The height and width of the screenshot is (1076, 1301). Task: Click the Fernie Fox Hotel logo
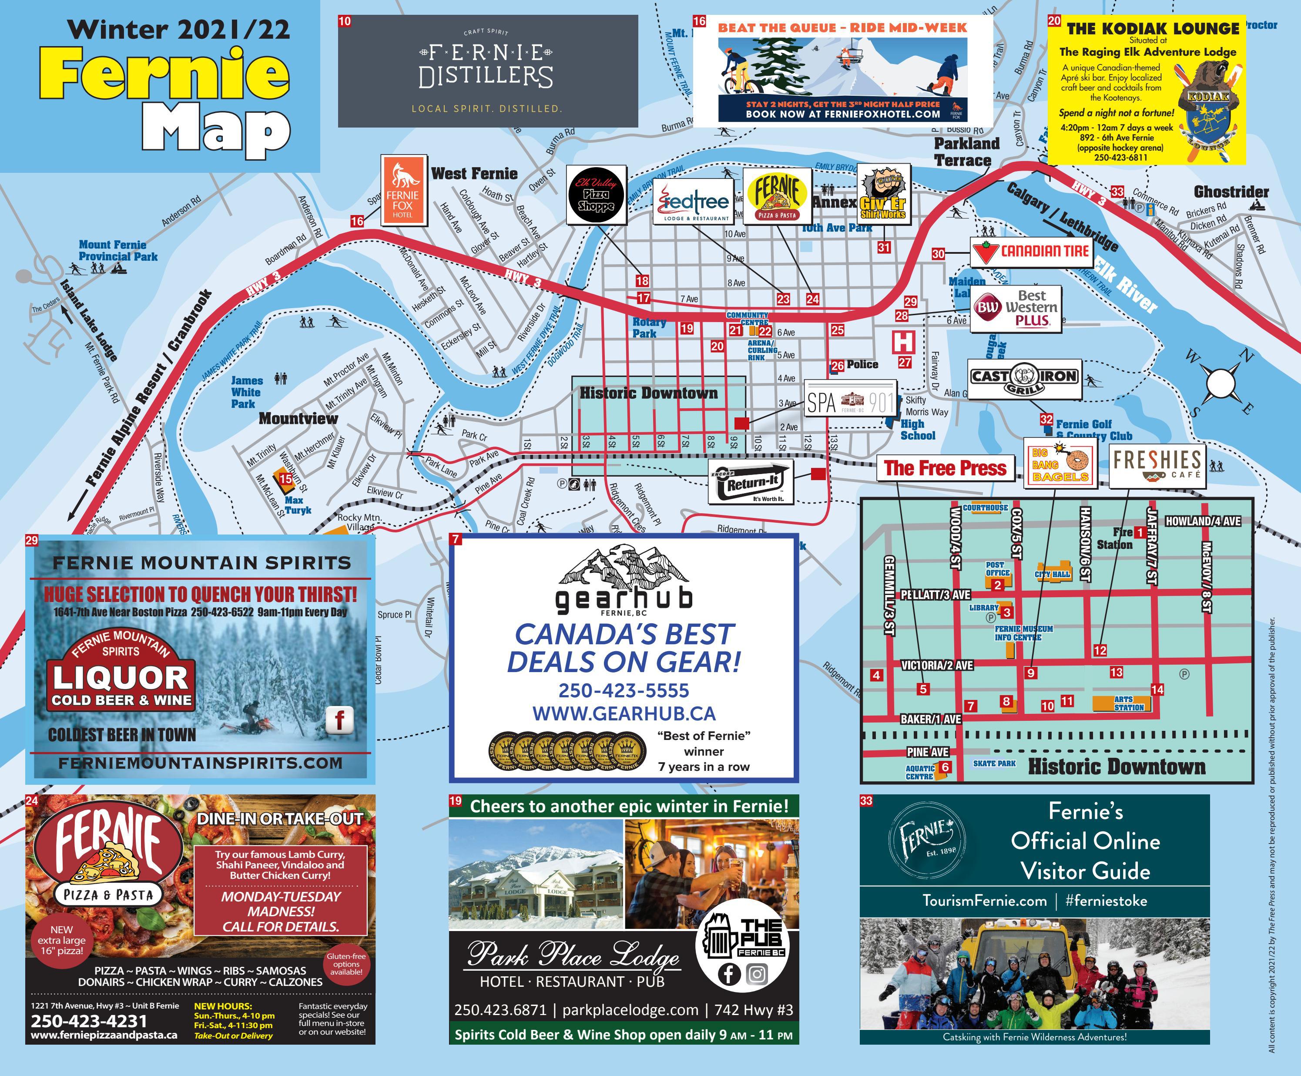[x=402, y=190]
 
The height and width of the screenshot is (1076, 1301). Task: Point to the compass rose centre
[x=1219, y=383]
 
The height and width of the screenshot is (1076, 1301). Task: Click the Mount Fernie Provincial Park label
[x=118, y=250]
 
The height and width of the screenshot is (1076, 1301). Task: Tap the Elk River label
[x=1124, y=286]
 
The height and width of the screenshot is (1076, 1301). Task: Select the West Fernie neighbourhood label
[x=474, y=174]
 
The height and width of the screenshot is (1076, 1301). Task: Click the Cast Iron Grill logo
[x=1025, y=379]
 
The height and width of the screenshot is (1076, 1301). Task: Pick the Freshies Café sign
[x=1156, y=465]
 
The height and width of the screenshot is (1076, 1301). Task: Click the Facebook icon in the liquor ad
[x=339, y=720]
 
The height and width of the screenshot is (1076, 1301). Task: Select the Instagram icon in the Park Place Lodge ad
[x=756, y=974]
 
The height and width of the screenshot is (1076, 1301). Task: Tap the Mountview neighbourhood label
[x=298, y=418]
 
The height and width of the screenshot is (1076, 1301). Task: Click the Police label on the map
[x=862, y=364]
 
